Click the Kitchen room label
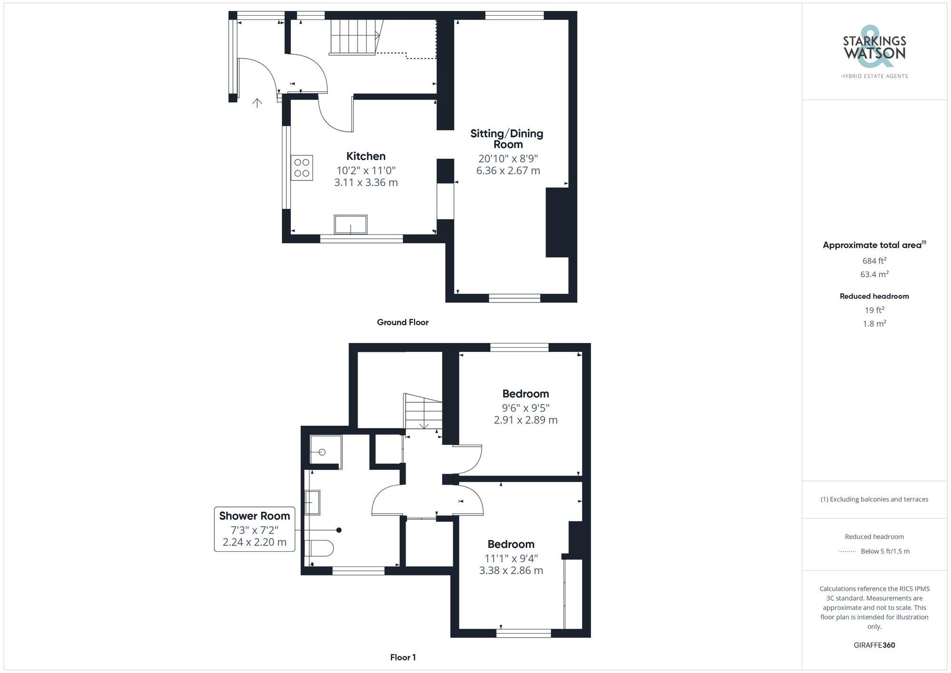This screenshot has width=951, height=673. point(366,156)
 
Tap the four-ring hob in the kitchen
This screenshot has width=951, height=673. point(302,167)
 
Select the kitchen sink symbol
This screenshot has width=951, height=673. point(350,224)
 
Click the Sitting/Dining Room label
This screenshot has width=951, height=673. point(507,139)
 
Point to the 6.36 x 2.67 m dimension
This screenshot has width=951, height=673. point(508,171)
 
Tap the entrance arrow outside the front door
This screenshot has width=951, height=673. point(257,102)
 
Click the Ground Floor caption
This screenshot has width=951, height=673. point(403,322)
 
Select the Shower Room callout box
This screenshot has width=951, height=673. point(254,529)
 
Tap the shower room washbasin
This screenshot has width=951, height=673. point(312,502)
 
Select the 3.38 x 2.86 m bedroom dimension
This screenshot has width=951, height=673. point(511,570)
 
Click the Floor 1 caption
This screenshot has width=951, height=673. point(403,657)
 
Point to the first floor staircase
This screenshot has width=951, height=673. point(423,411)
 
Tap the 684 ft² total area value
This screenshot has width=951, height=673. point(874,261)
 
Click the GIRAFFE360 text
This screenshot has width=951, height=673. point(874,645)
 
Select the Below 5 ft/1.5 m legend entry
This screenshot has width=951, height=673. point(884,551)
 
